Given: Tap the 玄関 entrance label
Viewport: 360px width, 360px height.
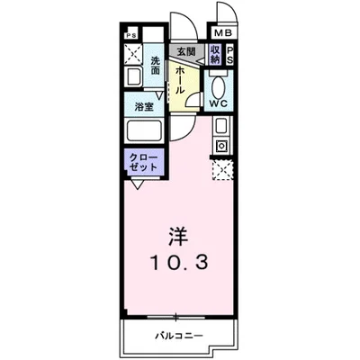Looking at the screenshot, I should [x=185, y=52].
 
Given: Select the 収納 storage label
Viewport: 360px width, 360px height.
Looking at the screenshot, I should [x=214, y=54].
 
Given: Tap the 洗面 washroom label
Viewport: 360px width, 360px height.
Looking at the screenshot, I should [x=155, y=66].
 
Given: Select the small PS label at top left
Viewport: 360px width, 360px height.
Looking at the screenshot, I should [x=131, y=35].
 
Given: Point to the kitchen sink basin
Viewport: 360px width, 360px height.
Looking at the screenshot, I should [x=220, y=125].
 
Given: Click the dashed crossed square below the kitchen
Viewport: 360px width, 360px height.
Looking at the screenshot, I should [x=220, y=168].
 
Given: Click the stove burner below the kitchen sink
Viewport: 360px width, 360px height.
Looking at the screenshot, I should [x=220, y=144].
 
